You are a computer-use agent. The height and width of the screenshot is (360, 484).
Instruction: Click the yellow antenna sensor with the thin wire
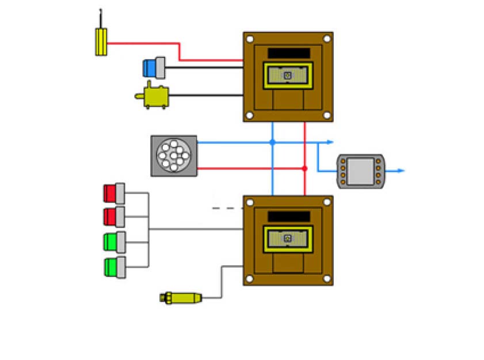[x=101, y=41]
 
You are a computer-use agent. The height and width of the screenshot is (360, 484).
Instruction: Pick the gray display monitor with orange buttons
[x=360, y=171]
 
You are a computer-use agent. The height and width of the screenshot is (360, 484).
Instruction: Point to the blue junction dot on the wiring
[x=273, y=142]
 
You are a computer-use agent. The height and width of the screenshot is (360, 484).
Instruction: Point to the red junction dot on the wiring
[x=304, y=169]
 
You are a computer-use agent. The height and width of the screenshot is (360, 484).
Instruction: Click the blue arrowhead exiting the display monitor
[x=402, y=171]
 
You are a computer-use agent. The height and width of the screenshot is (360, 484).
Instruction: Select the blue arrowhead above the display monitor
[x=330, y=142]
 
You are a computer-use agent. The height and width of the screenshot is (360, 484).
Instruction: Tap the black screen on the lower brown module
[x=288, y=217]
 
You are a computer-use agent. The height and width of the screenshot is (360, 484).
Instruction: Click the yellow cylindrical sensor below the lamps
[x=181, y=298]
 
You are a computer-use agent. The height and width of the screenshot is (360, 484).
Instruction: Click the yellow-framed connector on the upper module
[x=288, y=75]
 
